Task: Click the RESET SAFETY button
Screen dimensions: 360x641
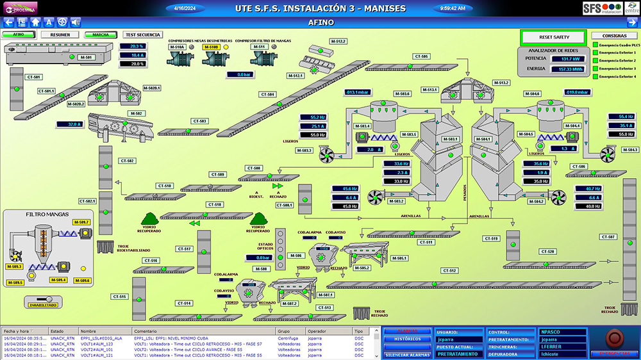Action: pos(553,37)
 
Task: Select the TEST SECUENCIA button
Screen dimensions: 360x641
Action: pos(143,35)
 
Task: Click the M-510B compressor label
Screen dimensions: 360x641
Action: pos(212,47)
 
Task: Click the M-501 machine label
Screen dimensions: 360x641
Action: pos(86,58)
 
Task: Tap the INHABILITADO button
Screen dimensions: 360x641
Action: pos(42,305)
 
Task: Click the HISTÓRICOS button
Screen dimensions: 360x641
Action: pos(407,339)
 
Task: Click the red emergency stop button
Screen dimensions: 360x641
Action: pos(614,338)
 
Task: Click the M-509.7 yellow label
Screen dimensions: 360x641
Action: pos(82,222)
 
